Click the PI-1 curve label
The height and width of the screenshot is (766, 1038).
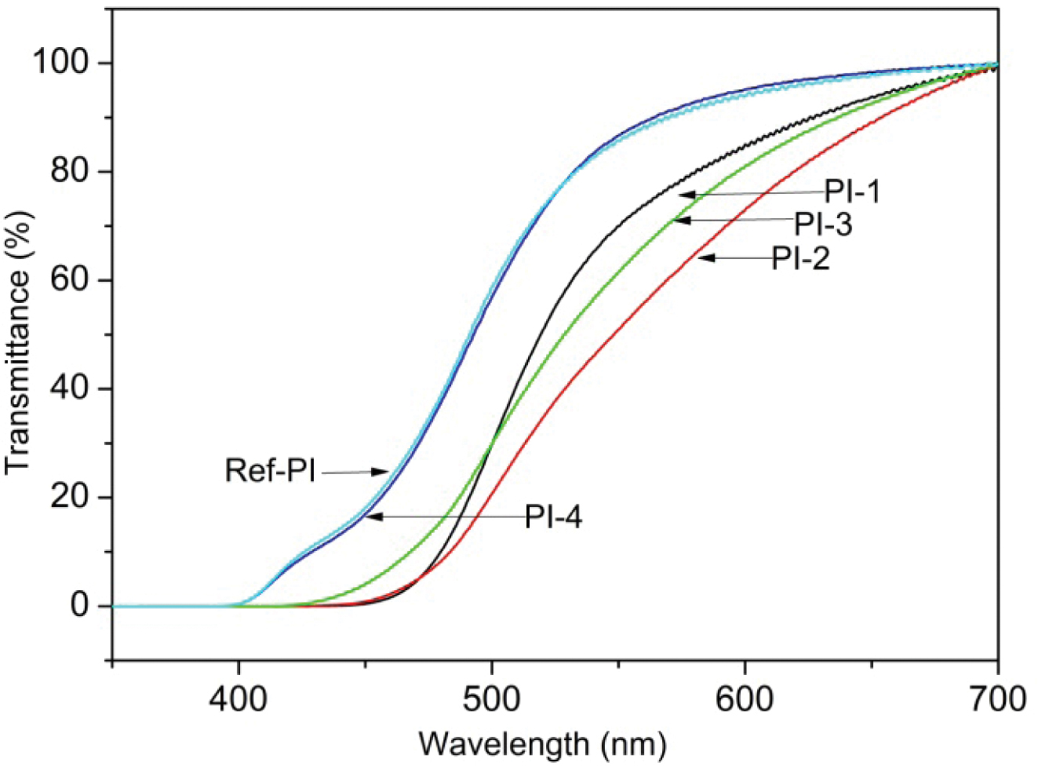pos(852,191)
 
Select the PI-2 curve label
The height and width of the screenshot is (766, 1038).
pos(800,257)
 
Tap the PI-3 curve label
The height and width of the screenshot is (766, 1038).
pos(823,224)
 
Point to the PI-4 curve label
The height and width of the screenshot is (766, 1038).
pos(554,517)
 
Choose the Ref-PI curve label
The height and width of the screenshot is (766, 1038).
pos(270,471)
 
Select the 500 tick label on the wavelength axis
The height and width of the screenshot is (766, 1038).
pos(492,698)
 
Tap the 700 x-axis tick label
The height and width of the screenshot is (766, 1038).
pos(997,698)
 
